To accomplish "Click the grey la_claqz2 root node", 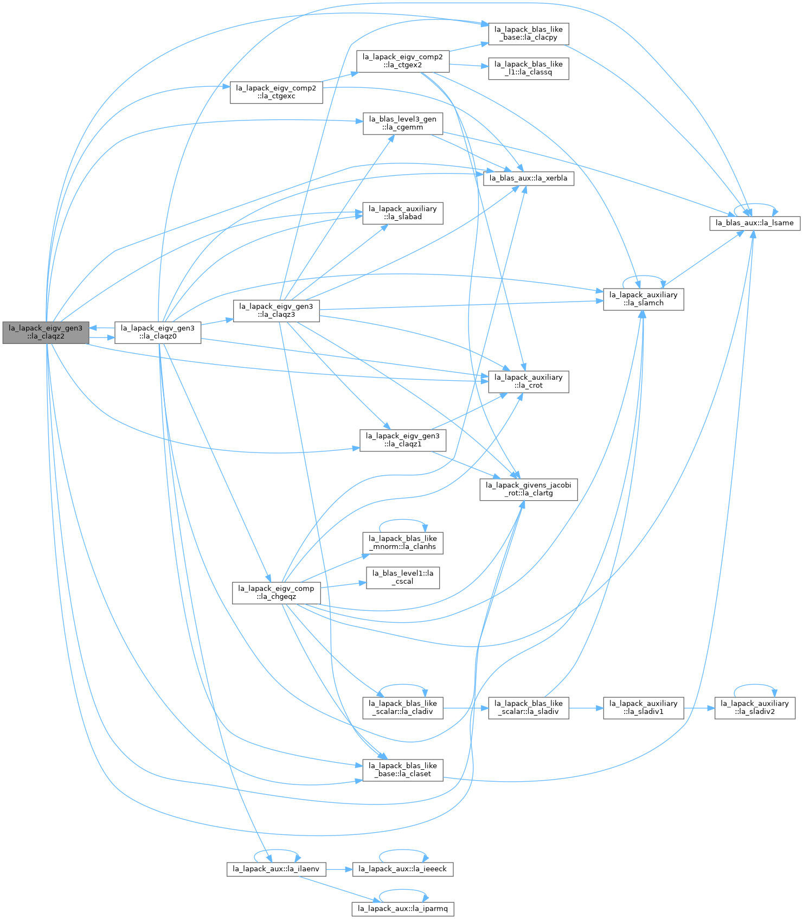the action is click(x=46, y=332).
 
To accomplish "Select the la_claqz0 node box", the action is click(x=158, y=332).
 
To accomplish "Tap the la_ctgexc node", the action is click(x=277, y=92).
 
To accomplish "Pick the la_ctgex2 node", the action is click(x=403, y=61).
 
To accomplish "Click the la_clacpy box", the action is click(x=529, y=34).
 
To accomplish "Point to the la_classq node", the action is click(x=529, y=68).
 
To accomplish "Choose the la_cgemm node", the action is click(x=403, y=124).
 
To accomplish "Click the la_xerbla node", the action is click(x=529, y=178).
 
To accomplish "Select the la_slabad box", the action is click(x=403, y=213).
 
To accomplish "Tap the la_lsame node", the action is click(x=755, y=223).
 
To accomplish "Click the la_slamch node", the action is click(x=644, y=299).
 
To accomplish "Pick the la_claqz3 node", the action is click(x=277, y=310).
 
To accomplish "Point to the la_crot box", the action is click(x=529, y=382).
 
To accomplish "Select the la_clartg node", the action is click(x=529, y=489).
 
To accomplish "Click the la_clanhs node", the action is click(x=403, y=543).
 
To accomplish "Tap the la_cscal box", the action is click(x=403, y=578).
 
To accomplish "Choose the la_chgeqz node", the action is click(x=277, y=593).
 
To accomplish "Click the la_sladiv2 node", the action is click(x=755, y=708).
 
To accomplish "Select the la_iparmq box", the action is click(x=403, y=909).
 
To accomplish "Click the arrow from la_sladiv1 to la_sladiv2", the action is click(x=699, y=708).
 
